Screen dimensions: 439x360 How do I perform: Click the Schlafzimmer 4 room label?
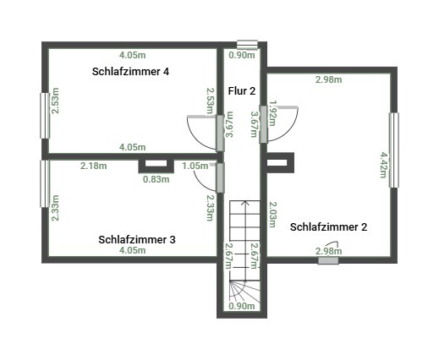[x=130, y=72]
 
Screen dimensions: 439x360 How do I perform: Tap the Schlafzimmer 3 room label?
[x=137, y=240]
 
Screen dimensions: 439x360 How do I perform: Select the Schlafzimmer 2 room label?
[x=328, y=227]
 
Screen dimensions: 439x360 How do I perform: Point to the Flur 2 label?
[x=242, y=91]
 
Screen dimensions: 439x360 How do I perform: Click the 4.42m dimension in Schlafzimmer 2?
[x=383, y=165]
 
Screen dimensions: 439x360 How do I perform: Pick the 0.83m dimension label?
[x=156, y=179]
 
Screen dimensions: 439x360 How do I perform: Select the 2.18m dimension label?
[x=94, y=166]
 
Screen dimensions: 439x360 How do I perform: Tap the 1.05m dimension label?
[x=195, y=166]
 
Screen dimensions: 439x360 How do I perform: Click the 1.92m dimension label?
[x=273, y=113]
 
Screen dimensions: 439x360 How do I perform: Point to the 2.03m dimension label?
[x=273, y=215]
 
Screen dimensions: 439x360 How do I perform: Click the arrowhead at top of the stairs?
[x=245, y=201]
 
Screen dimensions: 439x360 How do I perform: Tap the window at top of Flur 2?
[x=247, y=45]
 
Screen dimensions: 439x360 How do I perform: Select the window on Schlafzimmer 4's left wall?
[x=45, y=116]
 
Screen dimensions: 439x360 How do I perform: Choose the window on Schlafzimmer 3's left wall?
[x=45, y=183]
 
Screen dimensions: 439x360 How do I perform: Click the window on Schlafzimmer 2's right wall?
[x=394, y=150]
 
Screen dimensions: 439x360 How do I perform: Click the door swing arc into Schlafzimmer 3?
[x=199, y=183]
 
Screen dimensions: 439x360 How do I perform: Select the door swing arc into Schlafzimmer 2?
[x=290, y=131]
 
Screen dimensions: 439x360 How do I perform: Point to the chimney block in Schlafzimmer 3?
[x=156, y=166]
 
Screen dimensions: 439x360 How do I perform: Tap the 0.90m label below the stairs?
[x=242, y=306]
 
